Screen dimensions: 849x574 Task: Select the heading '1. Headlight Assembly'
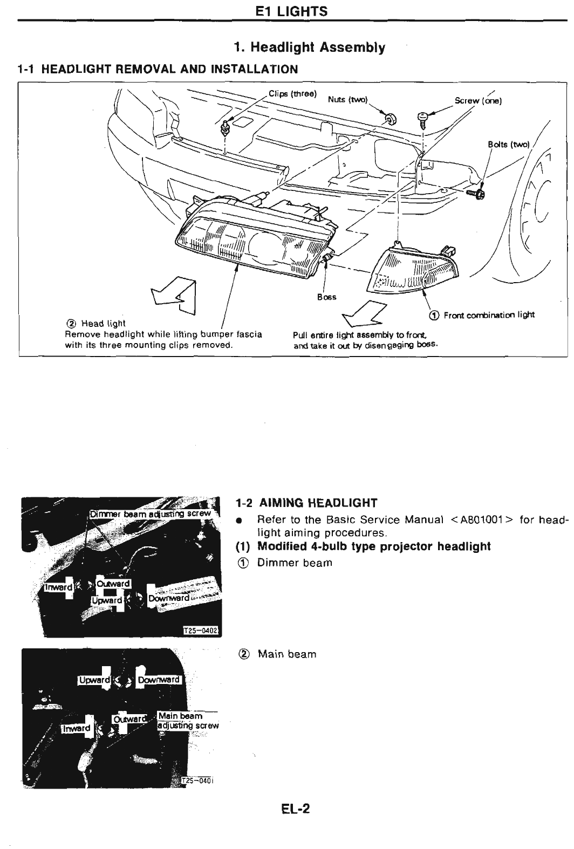(310, 47)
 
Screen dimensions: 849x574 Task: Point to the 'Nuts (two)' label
(347, 100)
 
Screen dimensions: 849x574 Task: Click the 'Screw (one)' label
(479, 100)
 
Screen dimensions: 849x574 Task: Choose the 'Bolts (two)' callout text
(509, 144)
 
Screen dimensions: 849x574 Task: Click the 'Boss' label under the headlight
(327, 297)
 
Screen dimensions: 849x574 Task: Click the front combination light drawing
(413, 270)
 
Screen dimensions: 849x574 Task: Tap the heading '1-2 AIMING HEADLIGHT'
(307, 503)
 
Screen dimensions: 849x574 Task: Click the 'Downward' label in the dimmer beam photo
(169, 598)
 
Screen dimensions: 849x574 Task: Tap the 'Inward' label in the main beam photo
(77, 729)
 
